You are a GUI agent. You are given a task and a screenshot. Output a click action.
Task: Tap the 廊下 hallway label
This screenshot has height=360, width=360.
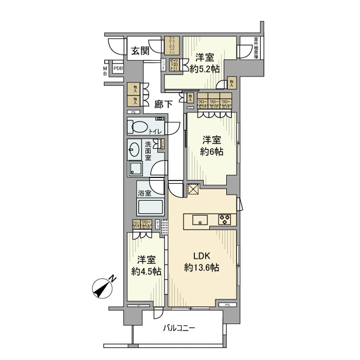pyautogui.click(x=164, y=103)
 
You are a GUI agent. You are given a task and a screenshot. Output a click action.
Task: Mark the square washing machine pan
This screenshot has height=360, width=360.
pyautogui.click(x=136, y=169)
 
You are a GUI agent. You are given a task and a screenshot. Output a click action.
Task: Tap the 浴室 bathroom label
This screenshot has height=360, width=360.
pyautogui.click(x=145, y=193)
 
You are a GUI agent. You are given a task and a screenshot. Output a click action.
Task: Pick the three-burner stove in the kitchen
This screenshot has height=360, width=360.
pyautogui.click(x=225, y=220)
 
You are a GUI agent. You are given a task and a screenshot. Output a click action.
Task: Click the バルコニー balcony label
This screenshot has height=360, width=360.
pyautogui.click(x=179, y=328)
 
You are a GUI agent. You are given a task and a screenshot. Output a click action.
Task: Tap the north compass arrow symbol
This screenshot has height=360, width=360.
pyautogui.click(x=104, y=287)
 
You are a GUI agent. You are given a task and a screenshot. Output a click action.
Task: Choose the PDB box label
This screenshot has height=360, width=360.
pyautogui.click(x=118, y=67)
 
